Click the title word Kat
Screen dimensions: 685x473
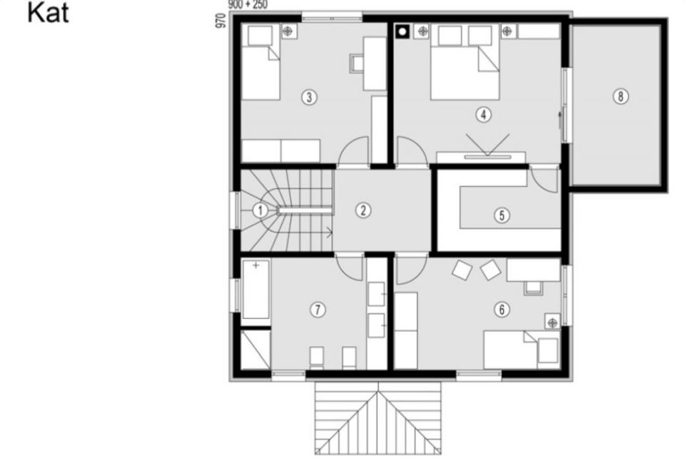48,13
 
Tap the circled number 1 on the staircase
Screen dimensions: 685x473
260,210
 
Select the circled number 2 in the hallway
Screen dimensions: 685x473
363,210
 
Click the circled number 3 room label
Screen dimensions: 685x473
309,97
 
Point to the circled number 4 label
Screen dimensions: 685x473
483,115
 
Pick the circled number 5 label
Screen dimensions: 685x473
502,215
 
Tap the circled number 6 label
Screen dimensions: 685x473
502,310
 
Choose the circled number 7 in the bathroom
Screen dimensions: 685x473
318,310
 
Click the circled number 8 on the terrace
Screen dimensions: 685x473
621,96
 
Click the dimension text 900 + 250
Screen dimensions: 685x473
248,4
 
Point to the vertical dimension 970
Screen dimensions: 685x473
221,21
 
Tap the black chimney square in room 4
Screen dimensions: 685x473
402,32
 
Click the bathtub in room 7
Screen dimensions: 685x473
256,290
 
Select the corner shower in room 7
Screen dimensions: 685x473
255,350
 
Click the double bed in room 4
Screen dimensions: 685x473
465,61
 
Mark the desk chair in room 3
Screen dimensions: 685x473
357,63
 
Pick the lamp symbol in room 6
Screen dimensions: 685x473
552,322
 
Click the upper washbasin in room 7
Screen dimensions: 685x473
376,295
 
